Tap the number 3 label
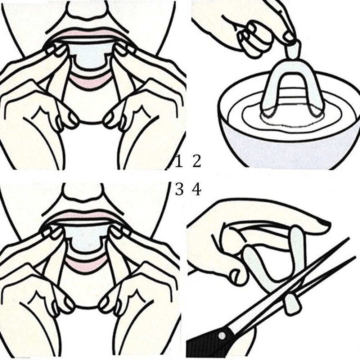(x=179, y=190)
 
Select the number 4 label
(x=197, y=190)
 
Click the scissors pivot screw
(x=222, y=336)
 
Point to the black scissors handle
(x=202, y=346)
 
